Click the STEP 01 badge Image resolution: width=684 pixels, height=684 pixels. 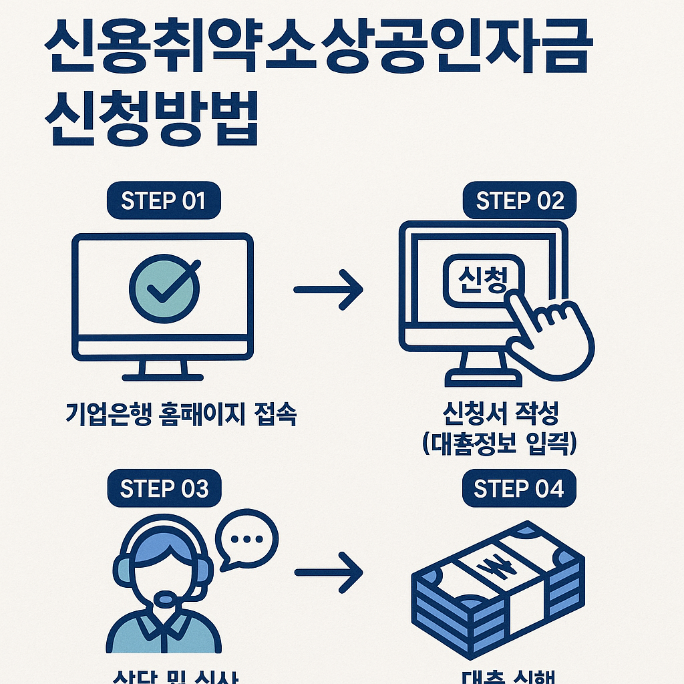[x=164, y=201]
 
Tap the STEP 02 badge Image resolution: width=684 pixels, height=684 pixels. [x=519, y=201]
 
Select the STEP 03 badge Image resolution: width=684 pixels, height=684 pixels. [x=164, y=489]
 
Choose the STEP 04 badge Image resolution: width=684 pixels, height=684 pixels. [x=519, y=489]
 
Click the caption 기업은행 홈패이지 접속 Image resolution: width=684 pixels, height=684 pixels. [x=181, y=415]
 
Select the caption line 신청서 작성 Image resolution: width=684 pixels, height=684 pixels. [x=500, y=414]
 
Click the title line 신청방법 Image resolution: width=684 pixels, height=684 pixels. [x=150, y=122]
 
